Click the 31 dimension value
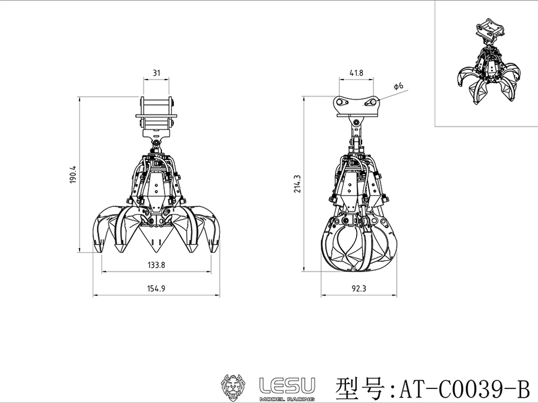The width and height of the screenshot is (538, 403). tap(157, 73)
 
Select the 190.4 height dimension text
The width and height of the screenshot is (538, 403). tap(73, 175)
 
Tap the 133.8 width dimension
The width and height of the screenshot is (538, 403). tap(157, 265)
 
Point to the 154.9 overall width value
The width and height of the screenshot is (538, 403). tap(157, 289)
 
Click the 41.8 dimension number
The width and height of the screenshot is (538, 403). tap(356, 73)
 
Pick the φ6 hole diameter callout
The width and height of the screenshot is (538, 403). tap(398, 85)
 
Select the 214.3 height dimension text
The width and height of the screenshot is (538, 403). tap(297, 184)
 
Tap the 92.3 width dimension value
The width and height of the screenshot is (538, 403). tap(359, 289)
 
